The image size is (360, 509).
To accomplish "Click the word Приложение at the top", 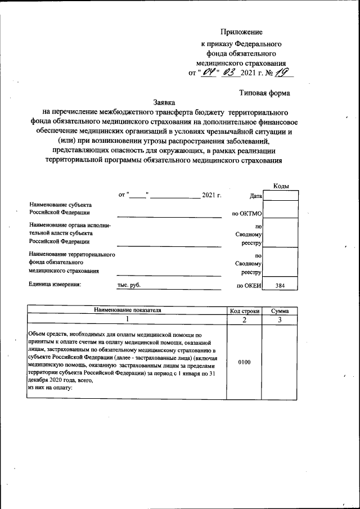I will tap(241, 32).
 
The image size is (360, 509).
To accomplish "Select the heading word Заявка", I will tap(164, 102).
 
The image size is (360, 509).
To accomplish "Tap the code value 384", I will tap(280, 286).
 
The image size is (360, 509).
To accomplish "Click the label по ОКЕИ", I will tap(247, 286).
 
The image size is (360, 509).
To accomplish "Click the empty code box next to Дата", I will tap(280, 195).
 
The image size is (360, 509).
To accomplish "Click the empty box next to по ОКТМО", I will tap(280, 209).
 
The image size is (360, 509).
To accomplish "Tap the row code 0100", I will tap(244, 362).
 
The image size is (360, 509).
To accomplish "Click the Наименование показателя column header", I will tap(127, 310).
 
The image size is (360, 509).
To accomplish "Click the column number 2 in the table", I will tap(244, 320).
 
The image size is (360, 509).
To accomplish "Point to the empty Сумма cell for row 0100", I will tap(280, 362).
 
